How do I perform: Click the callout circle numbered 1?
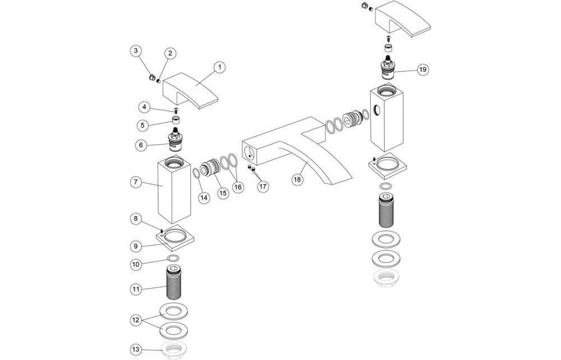[220, 67]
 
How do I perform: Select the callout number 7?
[135, 182]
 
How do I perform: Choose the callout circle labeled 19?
[422, 69]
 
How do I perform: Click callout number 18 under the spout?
[297, 179]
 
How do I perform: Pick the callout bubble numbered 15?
[223, 193]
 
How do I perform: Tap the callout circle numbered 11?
[135, 289]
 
